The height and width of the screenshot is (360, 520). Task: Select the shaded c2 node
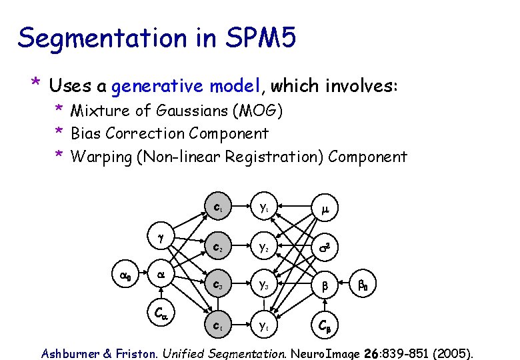point(218,248)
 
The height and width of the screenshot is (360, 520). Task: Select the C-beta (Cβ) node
point(324,327)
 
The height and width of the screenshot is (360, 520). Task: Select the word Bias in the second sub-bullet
point(84,133)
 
